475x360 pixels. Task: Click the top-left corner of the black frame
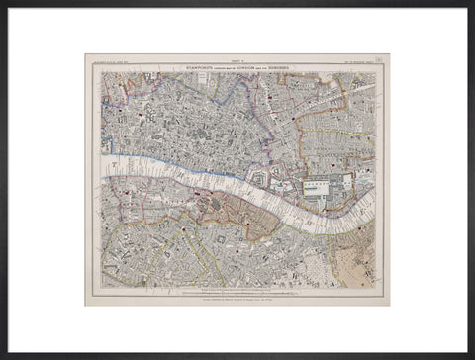pos(3,3)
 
